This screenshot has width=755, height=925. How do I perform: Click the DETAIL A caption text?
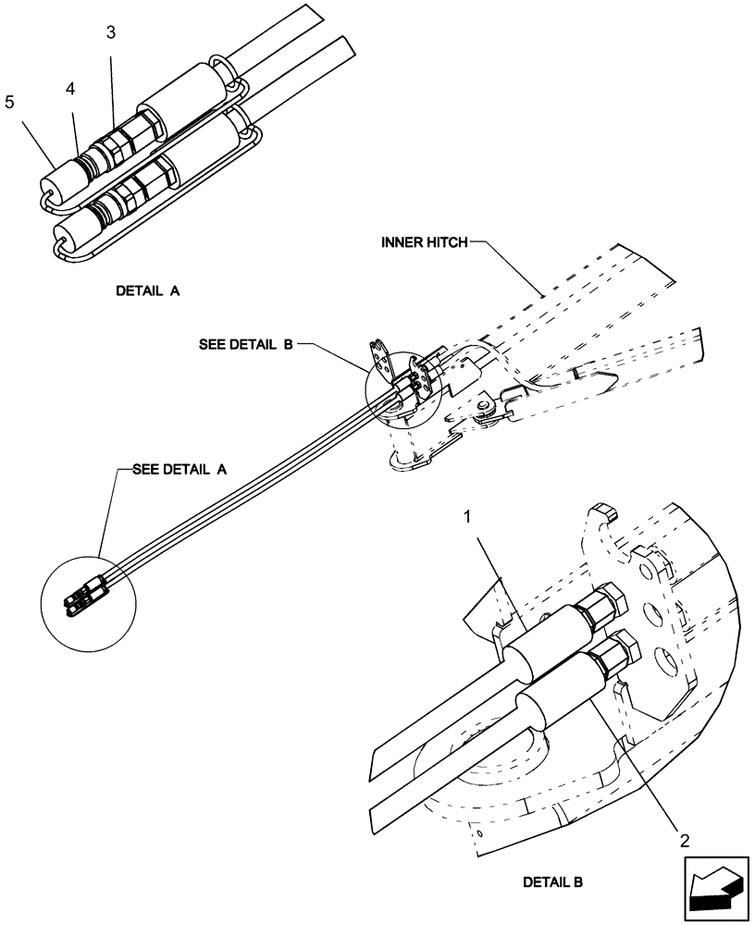(148, 290)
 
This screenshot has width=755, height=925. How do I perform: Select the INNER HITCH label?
(423, 243)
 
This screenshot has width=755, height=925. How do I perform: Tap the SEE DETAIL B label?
(245, 344)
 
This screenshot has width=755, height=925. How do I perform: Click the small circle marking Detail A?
(89, 601)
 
